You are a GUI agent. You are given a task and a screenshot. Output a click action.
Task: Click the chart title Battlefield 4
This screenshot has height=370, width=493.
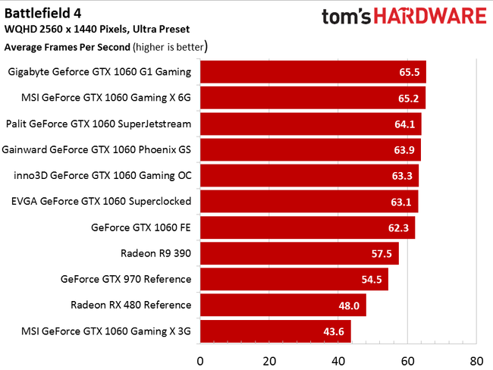click(x=44, y=13)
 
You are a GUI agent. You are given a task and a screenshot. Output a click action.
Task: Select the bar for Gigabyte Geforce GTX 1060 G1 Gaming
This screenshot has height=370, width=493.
click(x=312, y=72)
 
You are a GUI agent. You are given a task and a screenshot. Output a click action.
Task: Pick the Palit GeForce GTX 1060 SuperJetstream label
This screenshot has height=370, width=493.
click(x=99, y=124)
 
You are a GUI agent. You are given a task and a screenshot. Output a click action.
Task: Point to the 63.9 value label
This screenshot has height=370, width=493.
click(x=403, y=150)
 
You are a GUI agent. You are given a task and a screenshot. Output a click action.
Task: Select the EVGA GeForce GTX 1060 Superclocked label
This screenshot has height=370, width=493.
click(x=102, y=202)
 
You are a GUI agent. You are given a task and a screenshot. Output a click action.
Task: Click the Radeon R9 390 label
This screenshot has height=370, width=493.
click(x=155, y=253)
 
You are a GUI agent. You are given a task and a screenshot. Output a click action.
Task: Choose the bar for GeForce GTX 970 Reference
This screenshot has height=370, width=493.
click(x=294, y=279)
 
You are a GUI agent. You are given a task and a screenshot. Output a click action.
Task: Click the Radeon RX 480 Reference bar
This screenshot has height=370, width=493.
click(x=283, y=305)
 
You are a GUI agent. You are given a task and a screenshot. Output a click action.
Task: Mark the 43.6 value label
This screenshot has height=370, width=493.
click(x=333, y=331)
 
